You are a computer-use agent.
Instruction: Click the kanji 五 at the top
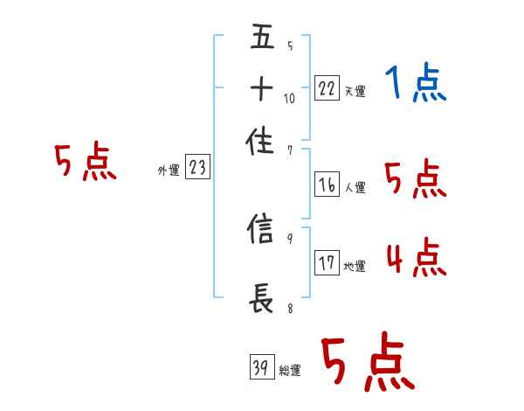click(x=263, y=39)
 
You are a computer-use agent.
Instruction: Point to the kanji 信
click(x=263, y=231)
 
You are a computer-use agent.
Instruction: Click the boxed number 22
click(x=327, y=88)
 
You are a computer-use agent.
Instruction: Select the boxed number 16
click(x=327, y=185)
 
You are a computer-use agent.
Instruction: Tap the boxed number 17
click(x=327, y=263)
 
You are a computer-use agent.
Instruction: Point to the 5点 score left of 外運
click(x=85, y=164)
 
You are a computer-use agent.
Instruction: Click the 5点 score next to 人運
click(x=416, y=179)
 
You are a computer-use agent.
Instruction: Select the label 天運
click(x=355, y=91)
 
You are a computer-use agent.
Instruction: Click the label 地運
click(x=355, y=266)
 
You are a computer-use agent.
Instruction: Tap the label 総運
click(x=290, y=371)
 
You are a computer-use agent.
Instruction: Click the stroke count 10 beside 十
click(x=289, y=99)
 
